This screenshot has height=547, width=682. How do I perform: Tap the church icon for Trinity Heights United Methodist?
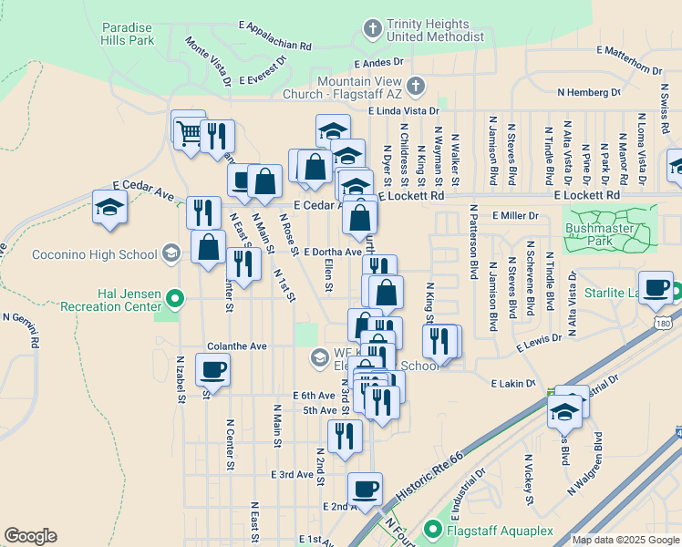[x=372, y=29]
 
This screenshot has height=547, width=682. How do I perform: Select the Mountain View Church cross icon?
[x=415, y=88]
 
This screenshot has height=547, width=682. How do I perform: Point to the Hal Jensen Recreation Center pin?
[x=177, y=296]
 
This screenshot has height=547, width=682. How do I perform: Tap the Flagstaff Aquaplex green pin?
[x=433, y=529]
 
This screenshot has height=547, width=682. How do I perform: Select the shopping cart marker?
[x=188, y=130]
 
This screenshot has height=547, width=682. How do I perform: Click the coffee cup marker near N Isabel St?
[x=212, y=369]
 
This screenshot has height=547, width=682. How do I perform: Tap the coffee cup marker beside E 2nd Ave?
[x=365, y=488]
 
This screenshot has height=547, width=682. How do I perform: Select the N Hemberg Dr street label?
[x=589, y=92]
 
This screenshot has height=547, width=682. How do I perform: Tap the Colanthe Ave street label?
[x=236, y=346]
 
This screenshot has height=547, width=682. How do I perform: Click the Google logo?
[x=31, y=536]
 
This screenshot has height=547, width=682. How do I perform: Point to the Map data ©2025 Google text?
[x=624, y=540]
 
